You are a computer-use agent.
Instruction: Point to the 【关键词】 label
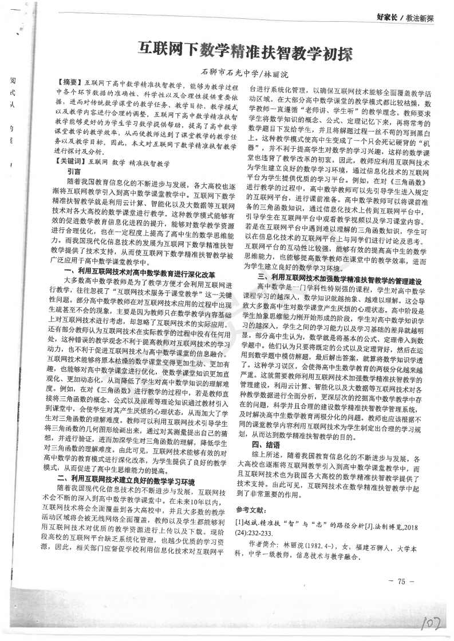(73, 163)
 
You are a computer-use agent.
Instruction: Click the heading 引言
(74, 171)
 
